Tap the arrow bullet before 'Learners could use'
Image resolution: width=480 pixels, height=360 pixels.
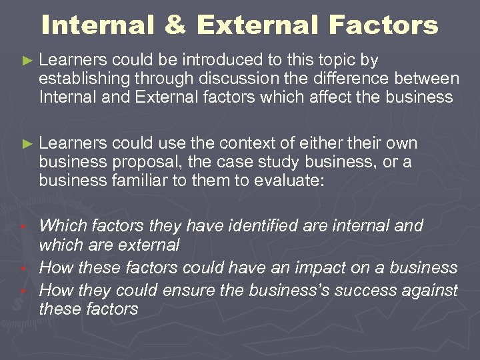27,144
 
